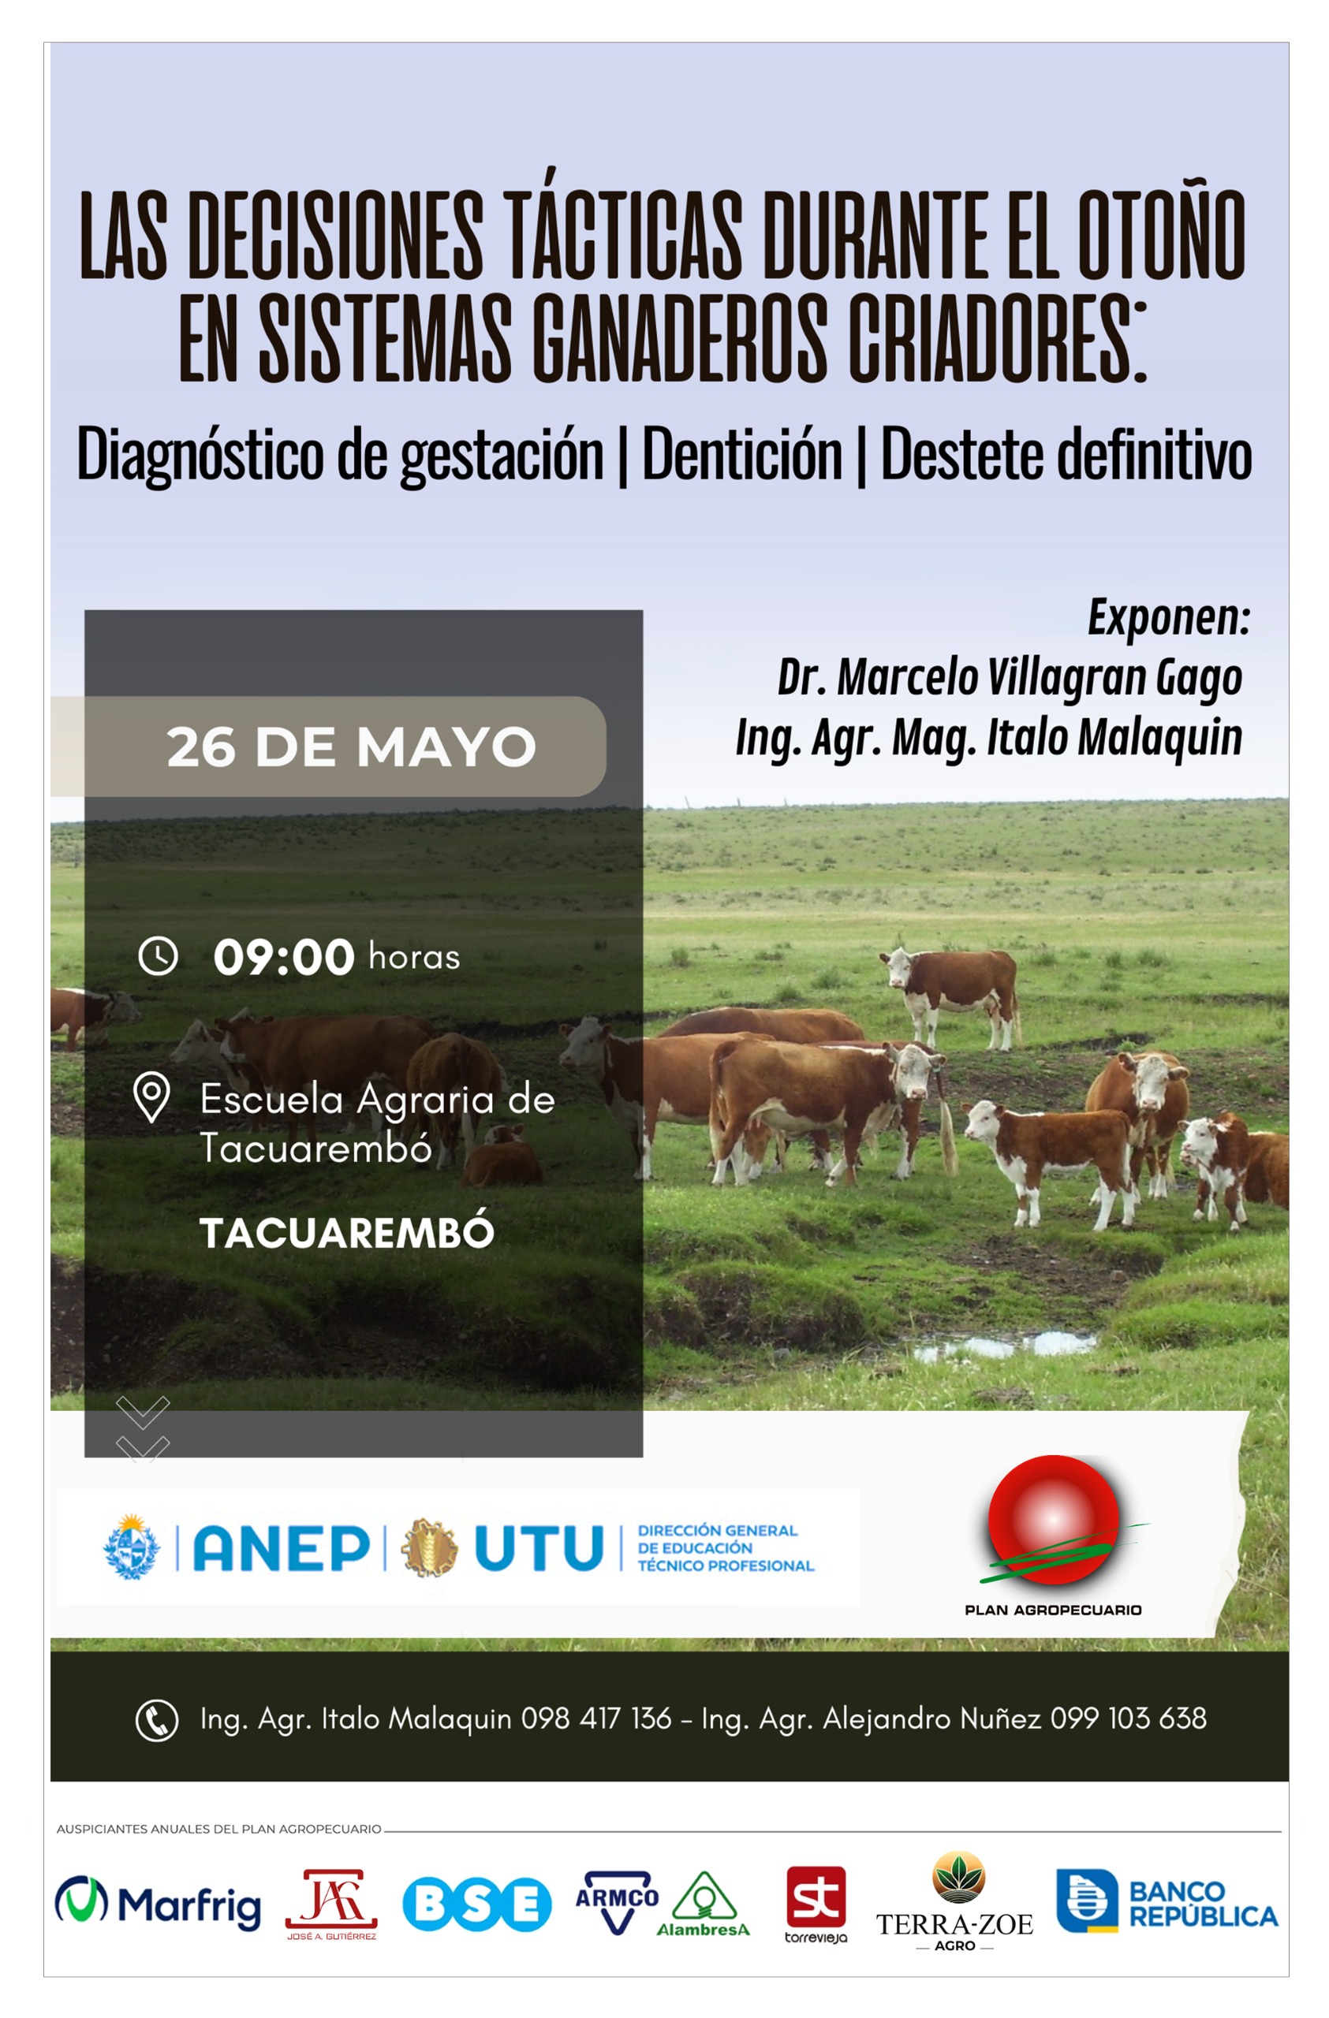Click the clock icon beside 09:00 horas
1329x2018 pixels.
158,955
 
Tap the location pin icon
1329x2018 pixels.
151,1098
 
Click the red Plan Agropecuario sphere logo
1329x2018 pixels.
1054,1521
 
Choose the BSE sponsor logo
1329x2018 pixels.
476,1904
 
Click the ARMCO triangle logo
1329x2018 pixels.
617,1902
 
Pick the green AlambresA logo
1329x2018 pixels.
703,1904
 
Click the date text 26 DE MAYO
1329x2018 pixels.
351,747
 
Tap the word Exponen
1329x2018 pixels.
1169,616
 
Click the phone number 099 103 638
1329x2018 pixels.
1128,1718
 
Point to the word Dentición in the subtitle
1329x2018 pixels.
742,453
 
